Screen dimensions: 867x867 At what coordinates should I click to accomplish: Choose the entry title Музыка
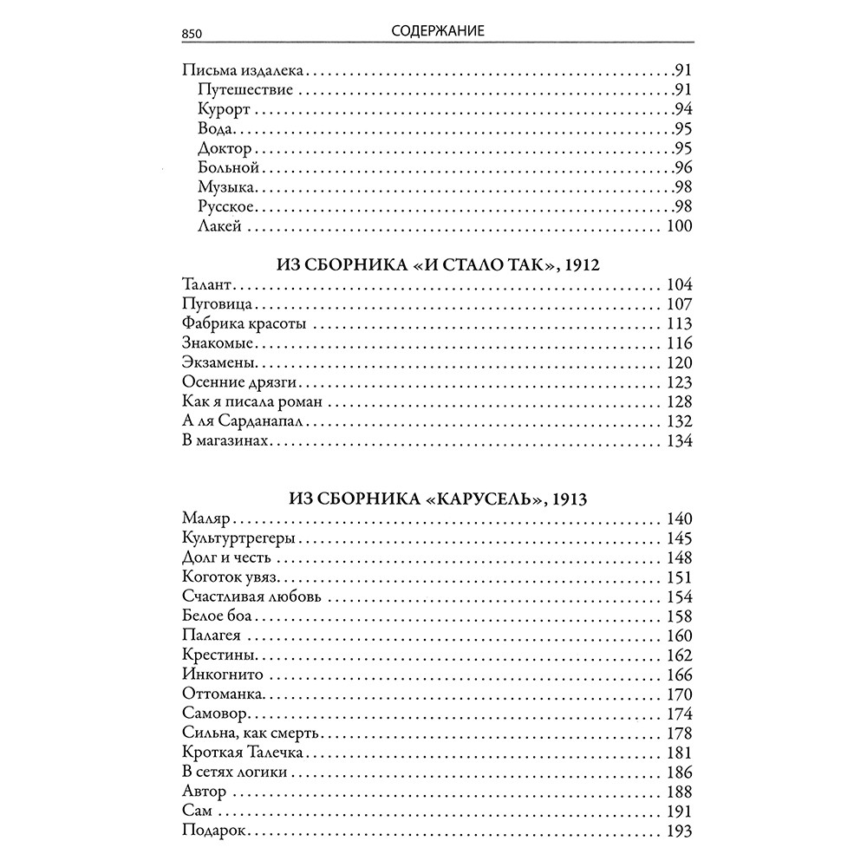click(226, 187)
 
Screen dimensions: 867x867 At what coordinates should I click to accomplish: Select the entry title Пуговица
click(218, 304)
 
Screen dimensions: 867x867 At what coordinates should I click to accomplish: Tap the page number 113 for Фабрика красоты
click(679, 324)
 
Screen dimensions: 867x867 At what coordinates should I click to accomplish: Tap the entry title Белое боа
click(220, 616)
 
